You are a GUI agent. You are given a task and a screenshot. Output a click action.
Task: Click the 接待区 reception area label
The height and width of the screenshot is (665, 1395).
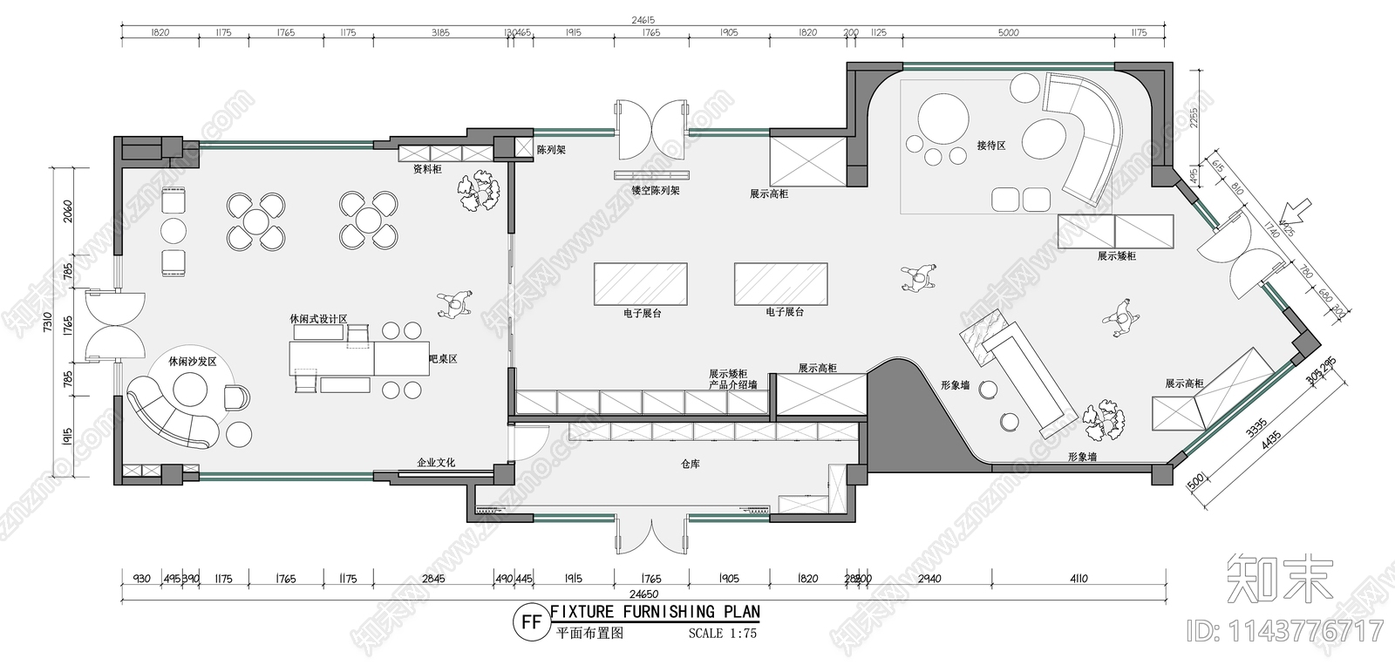991,146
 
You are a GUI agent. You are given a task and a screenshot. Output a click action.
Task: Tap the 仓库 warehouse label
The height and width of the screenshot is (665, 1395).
690,465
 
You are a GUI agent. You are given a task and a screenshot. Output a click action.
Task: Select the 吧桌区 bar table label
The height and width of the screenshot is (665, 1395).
443,358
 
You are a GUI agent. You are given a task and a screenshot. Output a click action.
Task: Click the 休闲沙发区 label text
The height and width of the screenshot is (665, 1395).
192,361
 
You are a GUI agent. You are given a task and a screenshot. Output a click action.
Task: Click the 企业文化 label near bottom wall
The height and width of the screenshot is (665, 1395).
436,463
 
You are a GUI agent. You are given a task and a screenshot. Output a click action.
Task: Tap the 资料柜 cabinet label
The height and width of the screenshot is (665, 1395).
427,169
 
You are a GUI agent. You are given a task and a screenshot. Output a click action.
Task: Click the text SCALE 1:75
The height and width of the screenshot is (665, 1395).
722,634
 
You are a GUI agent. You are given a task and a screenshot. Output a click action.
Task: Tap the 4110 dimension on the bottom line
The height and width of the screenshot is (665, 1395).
1078,579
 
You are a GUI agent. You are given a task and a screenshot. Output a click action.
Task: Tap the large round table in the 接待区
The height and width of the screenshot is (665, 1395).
942,115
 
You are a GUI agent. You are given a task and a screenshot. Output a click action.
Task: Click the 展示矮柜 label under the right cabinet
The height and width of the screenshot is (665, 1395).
1117,256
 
